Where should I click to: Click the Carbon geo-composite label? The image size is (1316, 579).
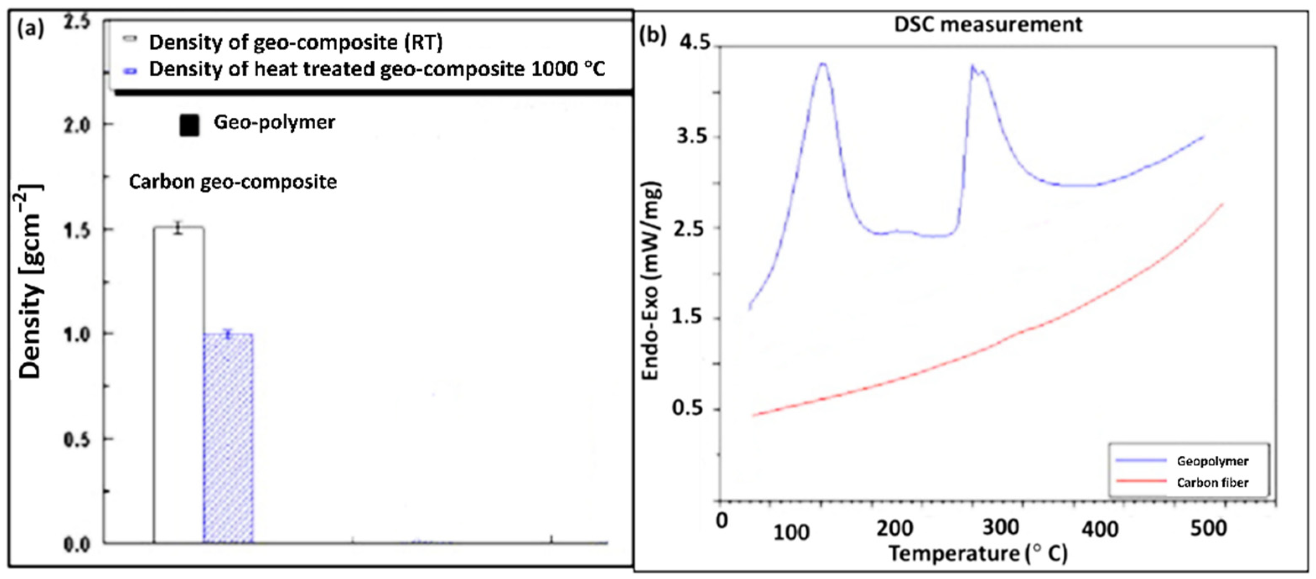pyautogui.click(x=233, y=182)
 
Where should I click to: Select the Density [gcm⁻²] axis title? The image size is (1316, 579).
pyautogui.click(x=31, y=281)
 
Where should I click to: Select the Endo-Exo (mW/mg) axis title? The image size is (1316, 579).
pyautogui.click(x=651, y=281)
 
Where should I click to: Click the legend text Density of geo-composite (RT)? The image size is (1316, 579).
pyautogui.click(x=295, y=42)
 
